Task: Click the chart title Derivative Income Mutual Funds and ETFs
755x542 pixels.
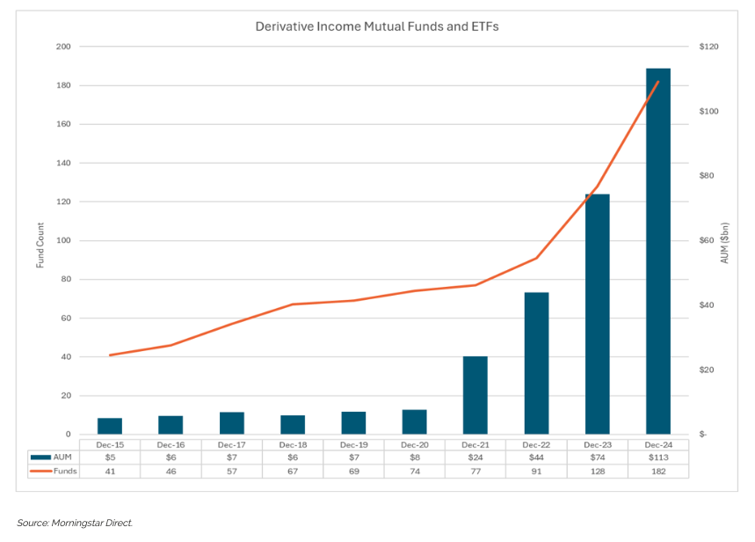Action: tap(377, 26)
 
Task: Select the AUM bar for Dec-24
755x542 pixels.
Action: tap(657, 251)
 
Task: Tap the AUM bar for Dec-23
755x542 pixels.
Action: tap(597, 314)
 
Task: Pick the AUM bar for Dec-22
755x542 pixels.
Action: tap(536, 363)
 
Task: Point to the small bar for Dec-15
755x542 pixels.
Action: tap(110, 426)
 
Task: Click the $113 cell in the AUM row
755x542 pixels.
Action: tap(657, 457)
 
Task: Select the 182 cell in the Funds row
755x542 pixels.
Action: tap(657, 471)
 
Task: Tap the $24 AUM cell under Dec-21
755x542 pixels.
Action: tap(475, 457)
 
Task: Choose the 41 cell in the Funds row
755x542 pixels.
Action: tap(110, 471)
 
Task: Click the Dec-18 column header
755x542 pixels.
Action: tap(293, 443)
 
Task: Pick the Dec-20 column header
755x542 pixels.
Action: tap(414, 443)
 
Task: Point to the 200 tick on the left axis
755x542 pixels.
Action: tap(62, 47)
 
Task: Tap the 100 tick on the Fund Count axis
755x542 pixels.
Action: tap(62, 240)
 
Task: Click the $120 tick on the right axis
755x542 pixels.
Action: tap(708, 47)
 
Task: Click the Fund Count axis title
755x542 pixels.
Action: tap(40, 240)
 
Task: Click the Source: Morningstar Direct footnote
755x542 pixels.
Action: tap(75, 523)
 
